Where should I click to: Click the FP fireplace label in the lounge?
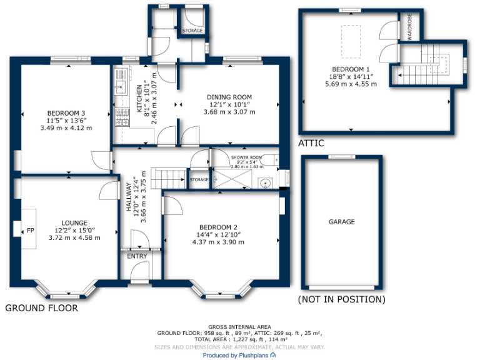[x=29, y=231]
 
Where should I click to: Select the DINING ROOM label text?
[x=229, y=97]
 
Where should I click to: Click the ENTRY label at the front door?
[x=137, y=256]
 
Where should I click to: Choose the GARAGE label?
[x=342, y=222]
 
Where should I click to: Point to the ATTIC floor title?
[x=311, y=143]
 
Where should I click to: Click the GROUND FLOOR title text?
[x=42, y=308]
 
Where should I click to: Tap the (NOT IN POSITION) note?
[x=342, y=299]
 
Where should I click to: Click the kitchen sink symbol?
[x=120, y=88]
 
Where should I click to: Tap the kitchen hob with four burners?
[x=120, y=117]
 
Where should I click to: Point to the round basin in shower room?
[x=266, y=183]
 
